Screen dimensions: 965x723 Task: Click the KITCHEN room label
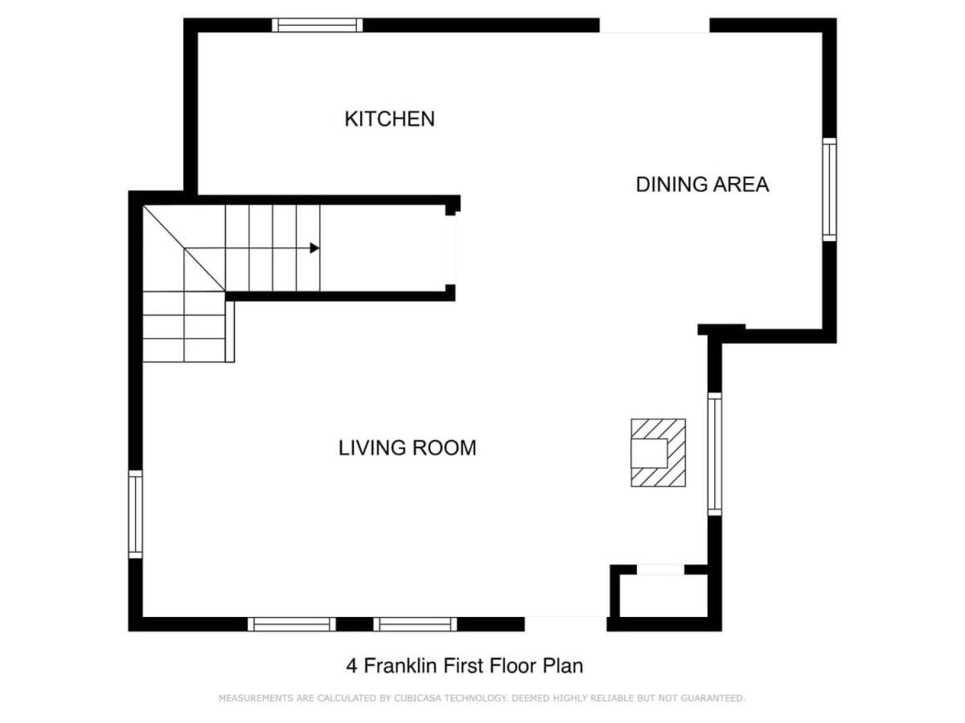[x=389, y=119]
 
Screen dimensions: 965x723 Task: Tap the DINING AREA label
[x=702, y=185]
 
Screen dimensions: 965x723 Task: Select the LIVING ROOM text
[x=407, y=447]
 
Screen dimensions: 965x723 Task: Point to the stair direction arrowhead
[x=314, y=248]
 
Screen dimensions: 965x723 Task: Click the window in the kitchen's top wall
[x=317, y=25]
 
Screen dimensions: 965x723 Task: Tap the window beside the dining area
[x=829, y=190]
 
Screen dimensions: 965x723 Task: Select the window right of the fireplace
[x=714, y=454]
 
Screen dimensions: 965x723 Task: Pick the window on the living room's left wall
[x=135, y=514]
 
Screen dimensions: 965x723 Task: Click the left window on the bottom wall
[x=292, y=624]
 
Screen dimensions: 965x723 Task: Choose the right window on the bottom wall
[x=415, y=624]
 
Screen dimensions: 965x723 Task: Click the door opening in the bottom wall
[x=565, y=624]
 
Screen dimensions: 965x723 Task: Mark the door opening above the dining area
[x=655, y=26]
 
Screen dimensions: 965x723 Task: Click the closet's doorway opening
[x=661, y=570]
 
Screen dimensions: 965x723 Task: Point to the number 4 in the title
[x=351, y=666]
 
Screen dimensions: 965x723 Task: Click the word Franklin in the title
[x=400, y=665]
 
